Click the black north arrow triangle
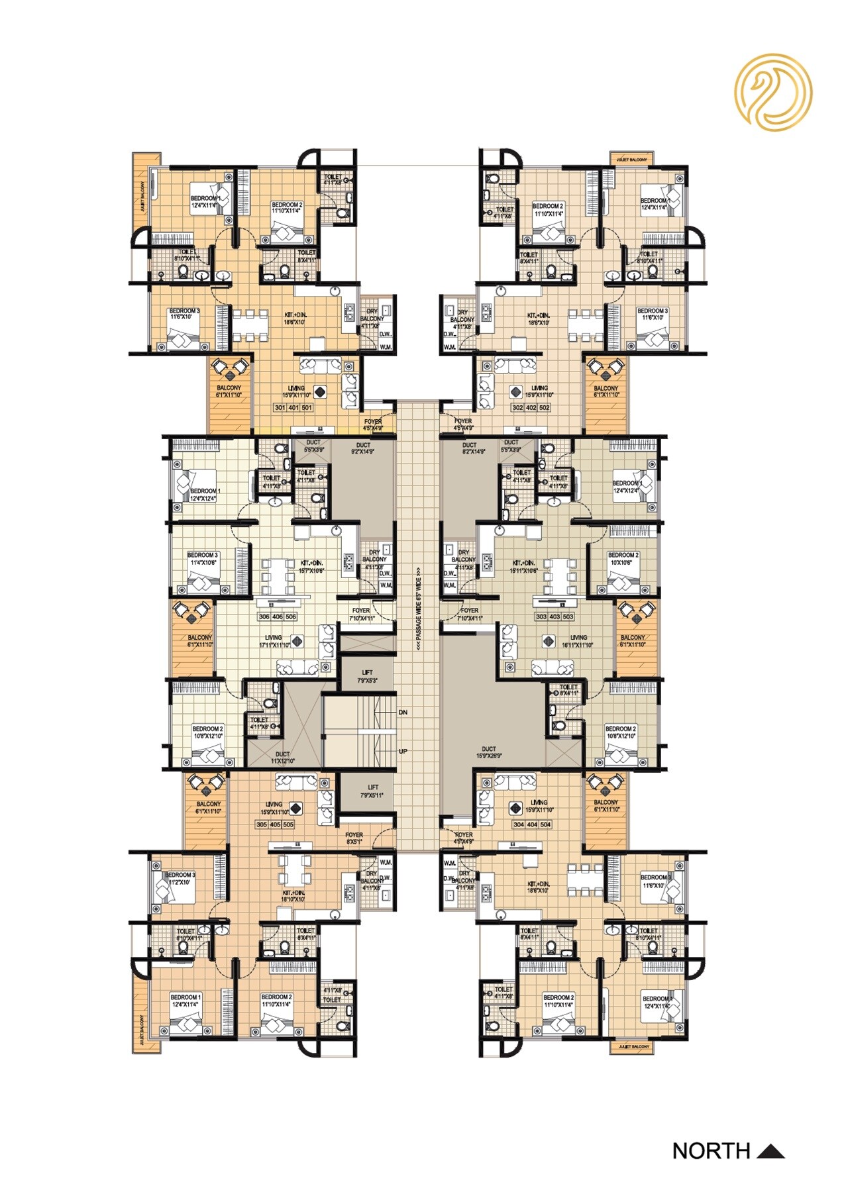pos(770,1152)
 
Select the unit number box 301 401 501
pos(293,408)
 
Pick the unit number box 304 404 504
pos(532,824)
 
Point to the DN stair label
pos(403,713)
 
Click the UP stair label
pos(403,752)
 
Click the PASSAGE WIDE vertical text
pos(419,609)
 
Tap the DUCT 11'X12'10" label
pos(283,758)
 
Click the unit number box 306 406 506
pos(278,617)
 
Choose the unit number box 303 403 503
pos(554,617)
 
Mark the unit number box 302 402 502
pos(531,408)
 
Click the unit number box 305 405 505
pos(275,824)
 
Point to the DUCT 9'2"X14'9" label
pos(363,448)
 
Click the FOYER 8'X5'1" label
pos(354,838)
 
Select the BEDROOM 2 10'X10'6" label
pos(623,558)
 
